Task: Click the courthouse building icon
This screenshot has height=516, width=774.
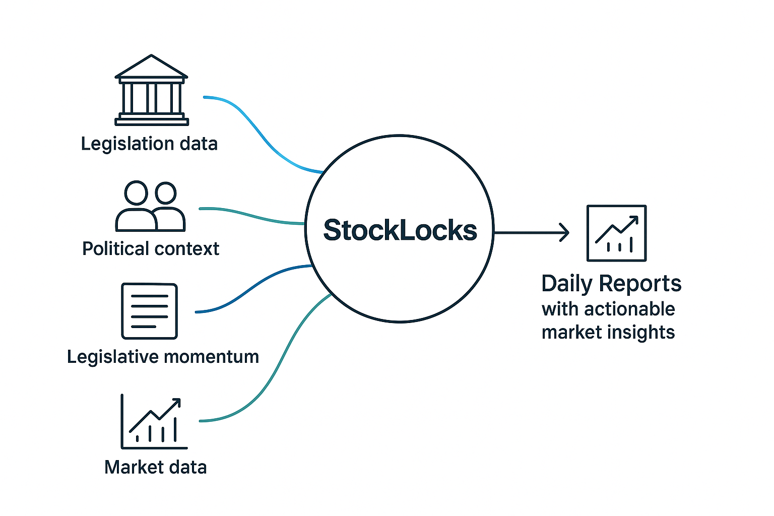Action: click(x=151, y=91)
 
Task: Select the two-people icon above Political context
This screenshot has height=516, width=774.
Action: click(x=150, y=207)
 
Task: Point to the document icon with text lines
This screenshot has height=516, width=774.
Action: click(x=150, y=311)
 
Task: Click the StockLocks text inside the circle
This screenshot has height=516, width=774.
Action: click(x=400, y=230)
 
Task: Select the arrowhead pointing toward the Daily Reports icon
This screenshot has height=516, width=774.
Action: click(x=564, y=232)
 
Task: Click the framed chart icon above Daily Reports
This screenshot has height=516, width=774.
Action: click(x=616, y=233)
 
